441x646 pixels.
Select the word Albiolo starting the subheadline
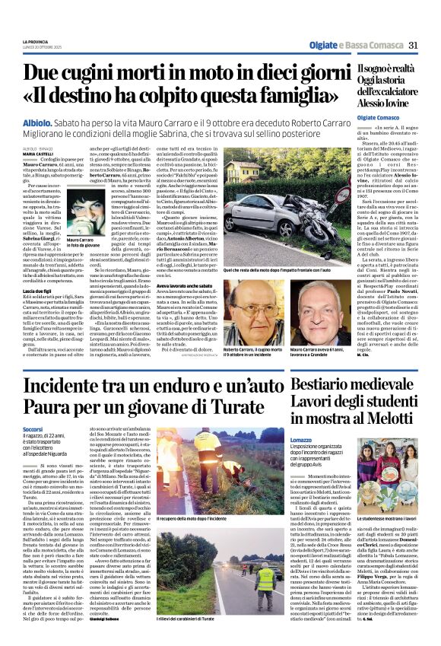tap(38, 122)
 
